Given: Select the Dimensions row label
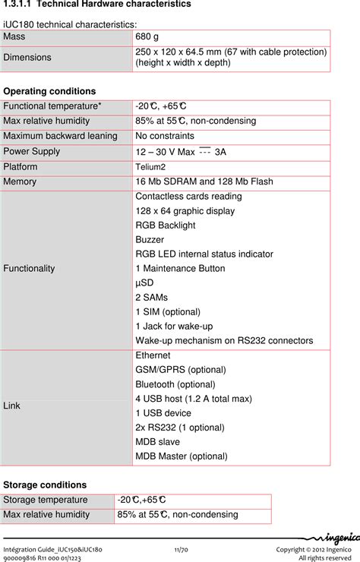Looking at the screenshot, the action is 27,58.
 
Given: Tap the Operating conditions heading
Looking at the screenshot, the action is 50,91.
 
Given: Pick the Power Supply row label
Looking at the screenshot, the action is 31,151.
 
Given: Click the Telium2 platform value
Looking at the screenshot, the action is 150,166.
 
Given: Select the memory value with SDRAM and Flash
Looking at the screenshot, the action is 214,182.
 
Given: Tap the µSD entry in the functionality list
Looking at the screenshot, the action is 144,283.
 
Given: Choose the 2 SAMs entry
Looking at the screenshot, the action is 151,297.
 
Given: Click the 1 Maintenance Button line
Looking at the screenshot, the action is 180,268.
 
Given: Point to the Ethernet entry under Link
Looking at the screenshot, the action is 153,355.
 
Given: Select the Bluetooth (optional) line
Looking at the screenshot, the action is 175,384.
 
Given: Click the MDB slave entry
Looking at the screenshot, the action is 157,442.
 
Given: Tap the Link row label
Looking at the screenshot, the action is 12,406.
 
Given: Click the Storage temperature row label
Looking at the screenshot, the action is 46,500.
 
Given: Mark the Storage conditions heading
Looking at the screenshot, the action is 45,485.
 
